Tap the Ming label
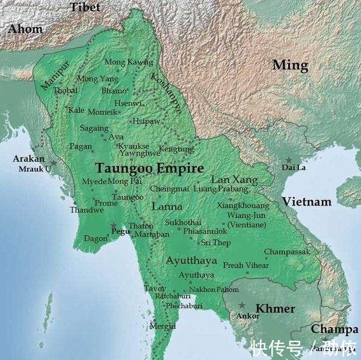click(290, 65)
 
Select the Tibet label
click(85, 7)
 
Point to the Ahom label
click(25, 29)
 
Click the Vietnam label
click(307, 201)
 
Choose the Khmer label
click(275, 309)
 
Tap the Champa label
click(334, 329)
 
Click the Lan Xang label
click(234, 180)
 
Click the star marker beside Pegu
click(113, 227)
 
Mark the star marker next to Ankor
click(241, 305)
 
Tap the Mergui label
click(162, 326)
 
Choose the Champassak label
click(287, 252)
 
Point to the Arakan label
click(29, 159)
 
